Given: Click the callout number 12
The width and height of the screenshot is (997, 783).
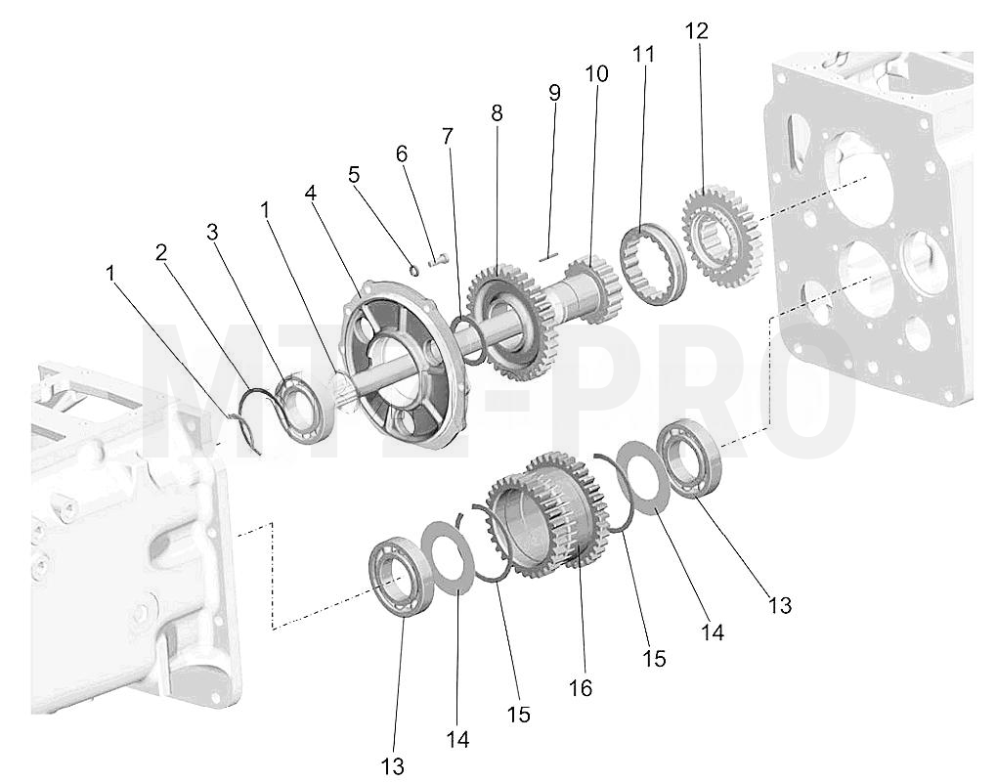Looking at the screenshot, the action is [x=697, y=30].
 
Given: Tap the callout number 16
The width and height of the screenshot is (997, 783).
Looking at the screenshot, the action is [x=581, y=687].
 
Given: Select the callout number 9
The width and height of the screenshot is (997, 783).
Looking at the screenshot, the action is [x=554, y=93].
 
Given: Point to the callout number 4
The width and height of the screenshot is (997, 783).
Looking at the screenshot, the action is [x=310, y=193].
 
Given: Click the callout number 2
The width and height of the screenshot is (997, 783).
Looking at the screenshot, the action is [x=161, y=252].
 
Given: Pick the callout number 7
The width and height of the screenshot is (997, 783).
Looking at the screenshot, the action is [x=449, y=136].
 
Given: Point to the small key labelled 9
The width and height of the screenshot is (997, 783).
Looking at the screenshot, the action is [x=548, y=257].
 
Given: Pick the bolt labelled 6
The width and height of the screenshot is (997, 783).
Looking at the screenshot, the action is [x=438, y=259].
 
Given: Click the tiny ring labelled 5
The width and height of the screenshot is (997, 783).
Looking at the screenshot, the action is [x=413, y=271].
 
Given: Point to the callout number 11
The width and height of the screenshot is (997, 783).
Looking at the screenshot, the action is [x=643, y=54].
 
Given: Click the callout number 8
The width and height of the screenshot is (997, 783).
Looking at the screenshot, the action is [x=497, y=113].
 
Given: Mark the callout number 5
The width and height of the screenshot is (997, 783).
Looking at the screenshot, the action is [x=354, y=174].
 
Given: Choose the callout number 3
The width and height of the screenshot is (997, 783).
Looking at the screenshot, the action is [x=212, y=233].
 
